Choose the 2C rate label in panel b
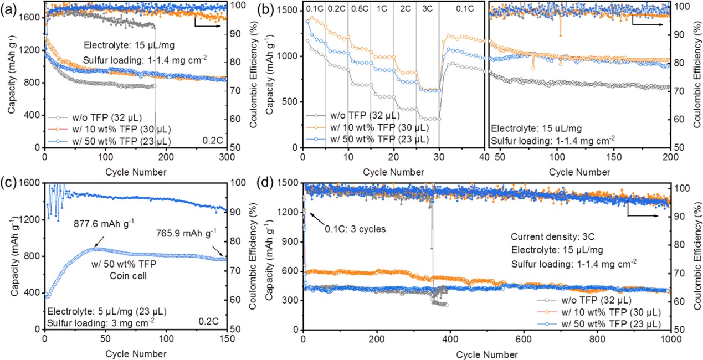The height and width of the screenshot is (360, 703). point(404,9)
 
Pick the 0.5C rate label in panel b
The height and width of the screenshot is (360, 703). point(359,9)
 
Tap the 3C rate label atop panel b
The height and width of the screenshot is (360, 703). point(427,9)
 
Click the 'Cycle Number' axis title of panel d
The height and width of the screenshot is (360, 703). point(487,353)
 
